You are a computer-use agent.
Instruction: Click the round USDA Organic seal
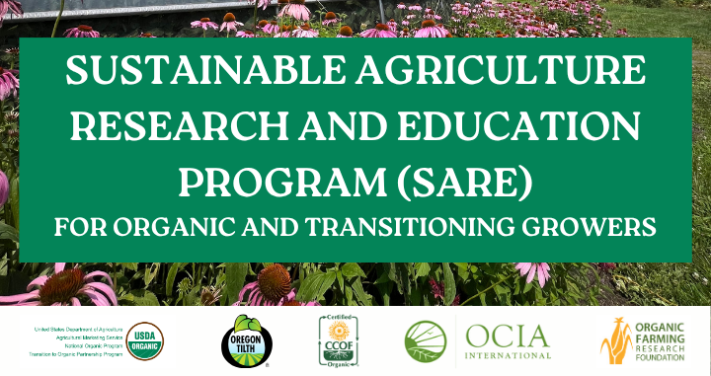[147, 341]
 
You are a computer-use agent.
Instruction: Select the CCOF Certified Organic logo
[336, 341]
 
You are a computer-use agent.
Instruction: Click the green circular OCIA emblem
[425, 341]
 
